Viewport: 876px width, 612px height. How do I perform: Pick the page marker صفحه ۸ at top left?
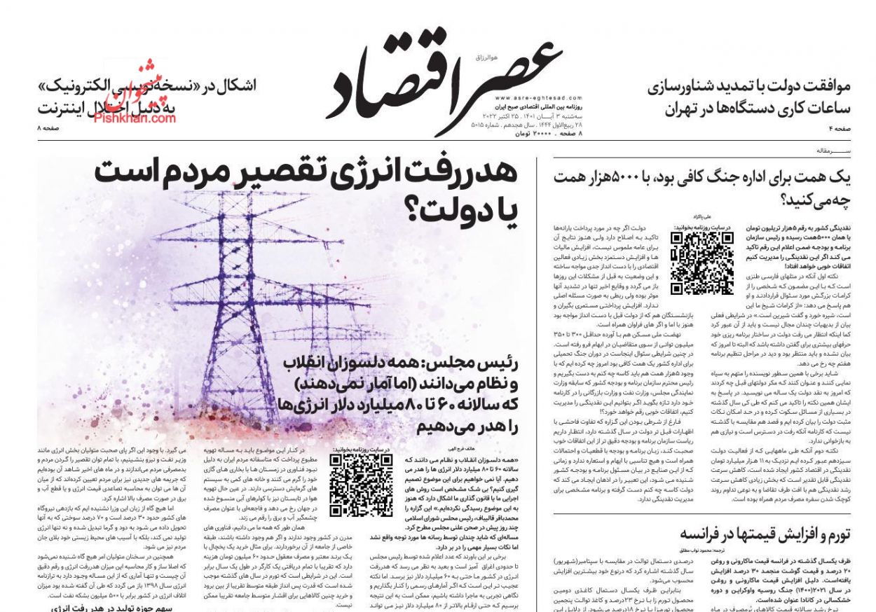[x=49, y=128]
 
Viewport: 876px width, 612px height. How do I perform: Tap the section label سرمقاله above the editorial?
[x=834, y=151]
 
